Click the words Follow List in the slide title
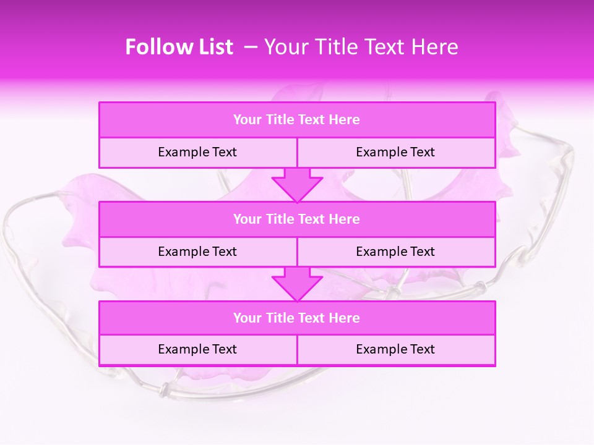pos(179,47)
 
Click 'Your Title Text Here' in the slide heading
pos(361,47)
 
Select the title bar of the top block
pos(297,120)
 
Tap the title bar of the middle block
pos(297,219)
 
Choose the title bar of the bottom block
pos(297,318)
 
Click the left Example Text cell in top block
pos(197,153)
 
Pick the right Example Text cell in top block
pos(395,153)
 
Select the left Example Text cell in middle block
pos(197,252)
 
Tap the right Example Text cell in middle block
pos(395,252)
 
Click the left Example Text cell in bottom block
pos(197,350)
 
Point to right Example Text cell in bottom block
pos(395,350)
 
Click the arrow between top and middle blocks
pos(297,185)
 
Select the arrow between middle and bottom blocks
pos(297,284)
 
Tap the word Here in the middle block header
pos(344,219)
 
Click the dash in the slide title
pos(251,47)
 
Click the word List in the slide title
pos(216,47)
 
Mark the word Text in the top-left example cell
pos(224,153)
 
